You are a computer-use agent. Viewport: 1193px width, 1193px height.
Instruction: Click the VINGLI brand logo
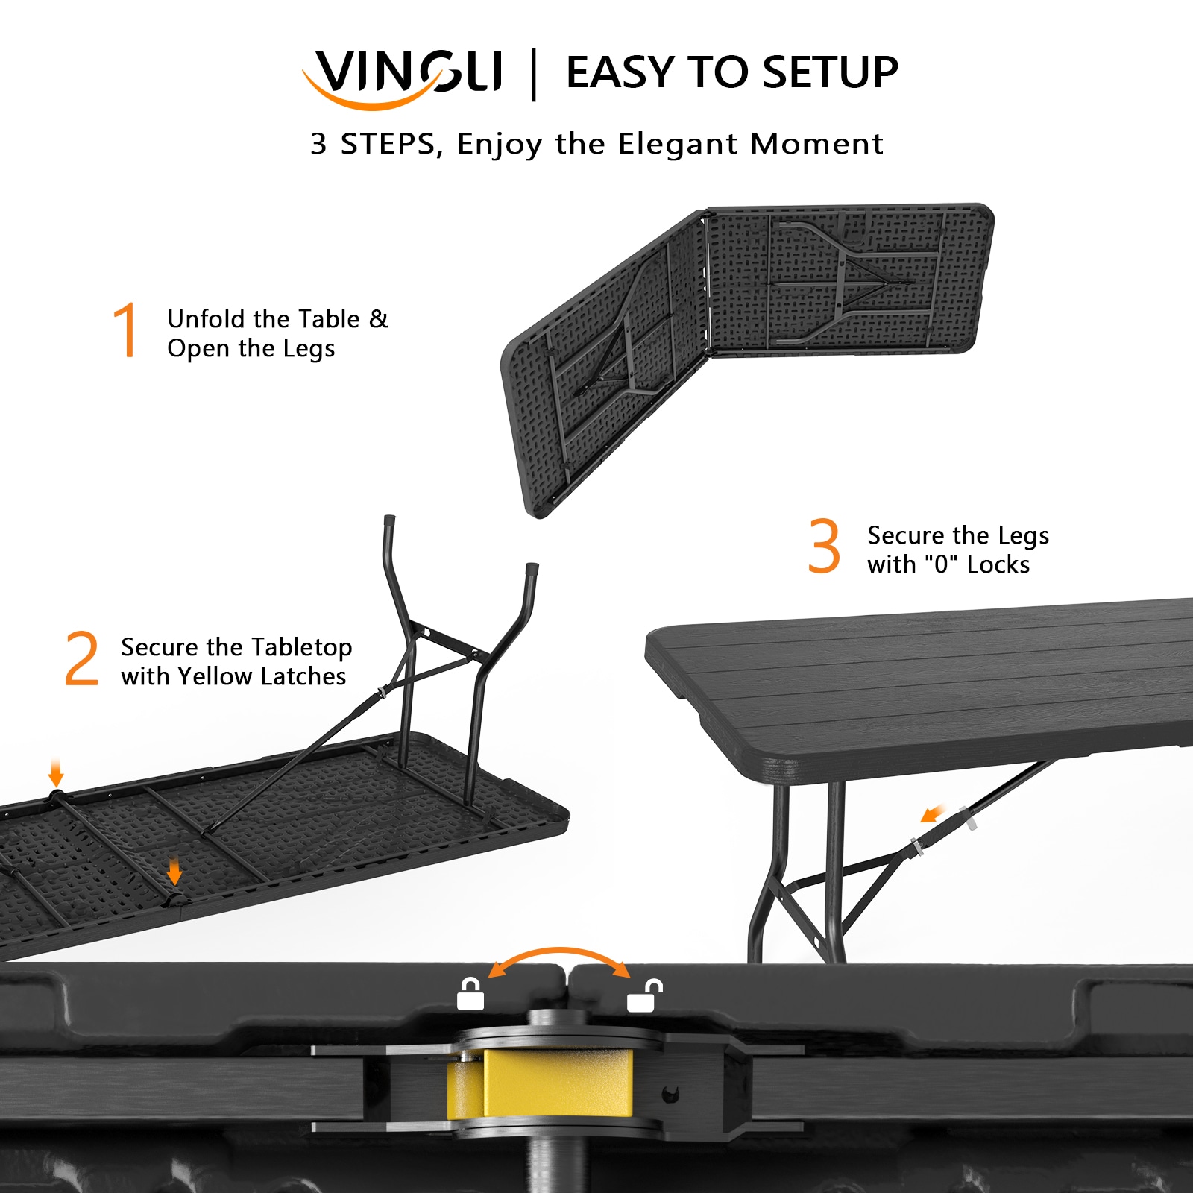(403, 75)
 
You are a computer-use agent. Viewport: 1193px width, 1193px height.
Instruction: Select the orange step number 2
(82, 658)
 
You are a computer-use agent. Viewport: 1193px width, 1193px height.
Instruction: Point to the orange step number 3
(824, 547)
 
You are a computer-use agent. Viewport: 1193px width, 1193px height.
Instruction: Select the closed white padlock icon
(470, 995)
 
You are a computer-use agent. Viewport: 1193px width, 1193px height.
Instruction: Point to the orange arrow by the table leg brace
(933, 813)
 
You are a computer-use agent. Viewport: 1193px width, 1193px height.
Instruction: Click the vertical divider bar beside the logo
(533, 75)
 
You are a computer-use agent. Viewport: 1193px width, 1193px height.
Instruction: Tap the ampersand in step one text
(379, 319)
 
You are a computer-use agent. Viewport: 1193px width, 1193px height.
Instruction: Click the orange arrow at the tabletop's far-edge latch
(56, 772)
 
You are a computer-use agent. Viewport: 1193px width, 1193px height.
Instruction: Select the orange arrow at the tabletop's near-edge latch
(174, 870)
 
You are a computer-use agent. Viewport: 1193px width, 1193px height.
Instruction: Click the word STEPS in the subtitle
(388, 143)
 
